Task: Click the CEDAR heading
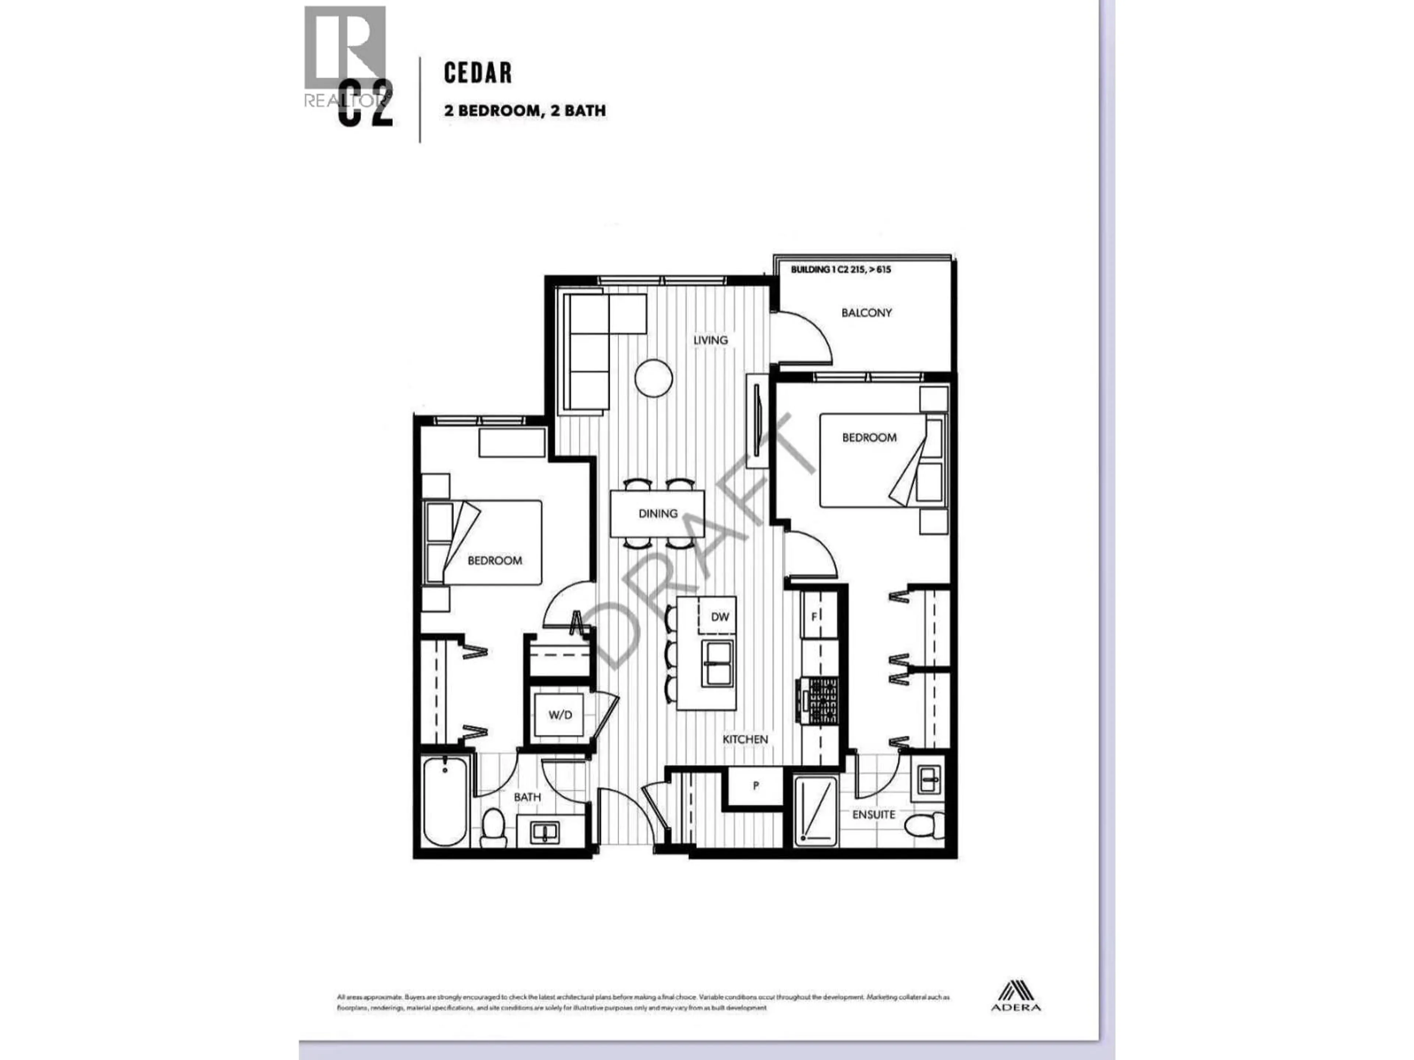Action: (478, 73)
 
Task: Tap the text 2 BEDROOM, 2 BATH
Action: (524, 110)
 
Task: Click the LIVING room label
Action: (710, 340)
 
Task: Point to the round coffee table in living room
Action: (653, 378)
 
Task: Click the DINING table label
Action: (657, 513)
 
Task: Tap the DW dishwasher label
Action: (720, 616)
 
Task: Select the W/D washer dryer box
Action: (559, 715)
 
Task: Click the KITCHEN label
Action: (745, 739)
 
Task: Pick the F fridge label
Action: (815, 616)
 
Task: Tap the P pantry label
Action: (756, 786)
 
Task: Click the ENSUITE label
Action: (873, 815)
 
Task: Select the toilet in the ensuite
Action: (925, 825)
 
